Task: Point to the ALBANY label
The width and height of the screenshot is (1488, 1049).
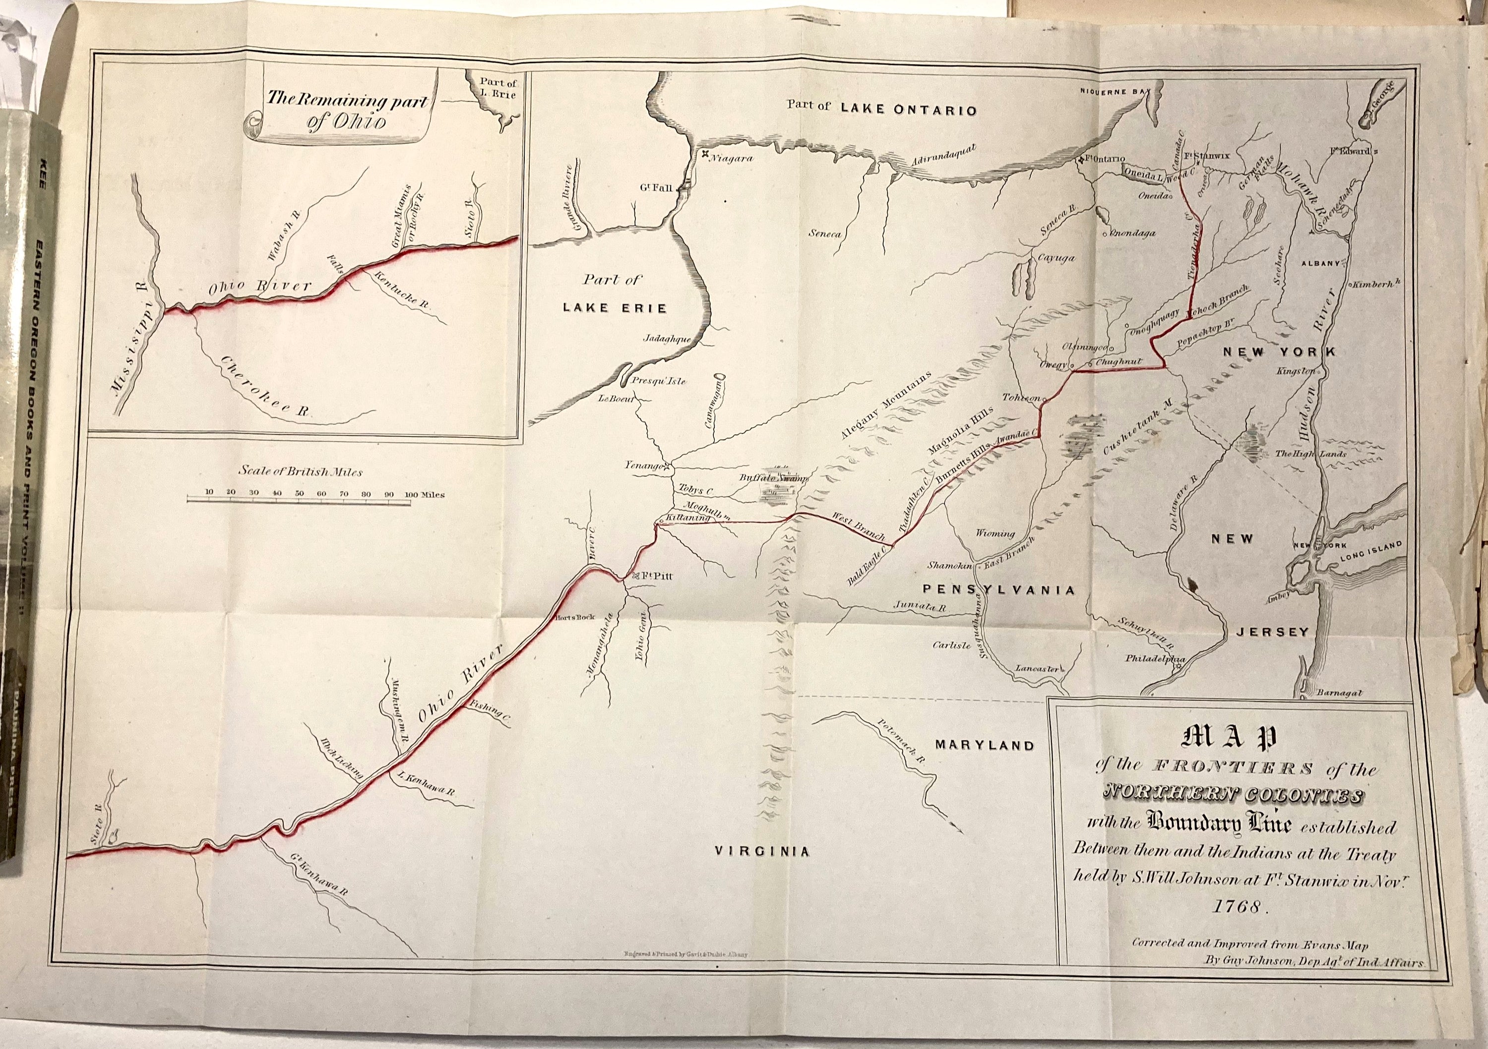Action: pyautogui.click(x=1321, y=263)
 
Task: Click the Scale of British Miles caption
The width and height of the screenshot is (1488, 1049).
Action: pyautogui.click(x=300, y=472)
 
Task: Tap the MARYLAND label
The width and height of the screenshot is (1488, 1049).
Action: pyautogui.click(x=984, y=746)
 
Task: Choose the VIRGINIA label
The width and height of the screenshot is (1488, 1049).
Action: pyautogui.click(x=762, y=851)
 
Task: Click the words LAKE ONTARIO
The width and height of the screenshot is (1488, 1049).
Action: pyautogui.click(x=908, y=110)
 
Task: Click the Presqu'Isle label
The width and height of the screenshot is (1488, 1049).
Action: pyautogui.click(x=659, y=381)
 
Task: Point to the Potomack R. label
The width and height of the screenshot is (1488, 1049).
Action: pyautogui.click(x=900, y=741)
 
